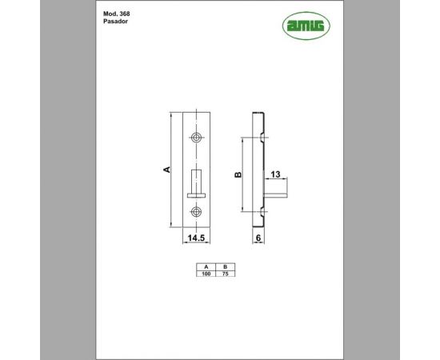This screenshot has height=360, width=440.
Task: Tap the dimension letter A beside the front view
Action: tap(166, 170)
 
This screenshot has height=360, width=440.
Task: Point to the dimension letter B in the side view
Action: tap(237, 174)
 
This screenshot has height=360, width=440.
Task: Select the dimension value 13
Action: tap(274, 174)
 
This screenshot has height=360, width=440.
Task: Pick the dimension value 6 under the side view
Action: tap(258, 238)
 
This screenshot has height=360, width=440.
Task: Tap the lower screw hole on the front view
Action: tap(197, 212)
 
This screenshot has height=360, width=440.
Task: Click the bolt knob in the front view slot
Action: tap(197, 180)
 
